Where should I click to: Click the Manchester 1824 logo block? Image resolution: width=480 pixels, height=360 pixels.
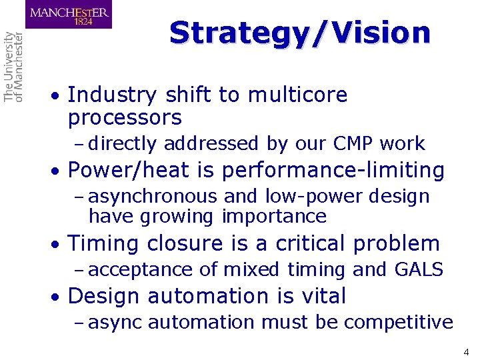click(69, 14)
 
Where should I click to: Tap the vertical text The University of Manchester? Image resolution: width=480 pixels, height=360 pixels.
click(13, 67)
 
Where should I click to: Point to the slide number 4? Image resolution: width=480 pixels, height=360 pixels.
click(466, 351)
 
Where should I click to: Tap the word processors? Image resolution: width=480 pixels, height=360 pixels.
click(125, 119)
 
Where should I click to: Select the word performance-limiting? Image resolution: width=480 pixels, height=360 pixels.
click(333, 171)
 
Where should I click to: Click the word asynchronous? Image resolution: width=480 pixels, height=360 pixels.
click(153, 197)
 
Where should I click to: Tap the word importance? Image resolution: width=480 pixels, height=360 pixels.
click(274, 217)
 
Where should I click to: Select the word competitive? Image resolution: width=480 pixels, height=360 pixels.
click(398, 323)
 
